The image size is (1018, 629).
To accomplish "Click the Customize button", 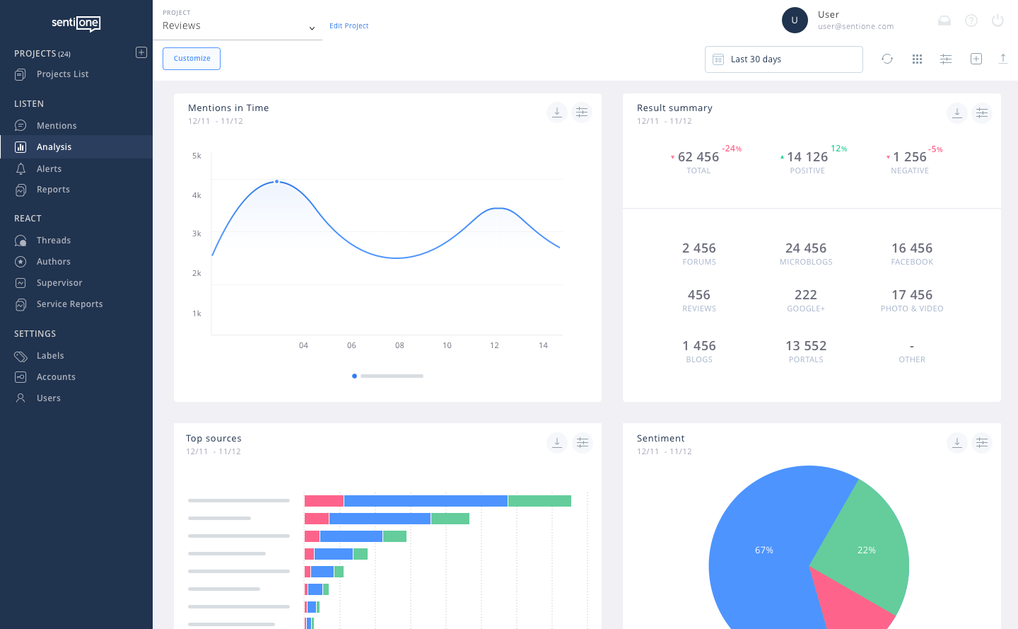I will [192, 59].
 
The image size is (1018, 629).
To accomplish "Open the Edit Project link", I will [349, 26].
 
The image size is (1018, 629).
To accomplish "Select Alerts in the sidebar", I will [49, 169].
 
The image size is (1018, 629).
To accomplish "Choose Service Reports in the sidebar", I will [69, 304].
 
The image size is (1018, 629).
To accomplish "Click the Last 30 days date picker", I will [783, 59].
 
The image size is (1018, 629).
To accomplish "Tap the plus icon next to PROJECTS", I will [141, 52].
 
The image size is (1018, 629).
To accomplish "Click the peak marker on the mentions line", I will [276, 182].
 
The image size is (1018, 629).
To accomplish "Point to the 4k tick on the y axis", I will [197, 195].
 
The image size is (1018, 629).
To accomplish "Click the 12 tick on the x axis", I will [494, 346].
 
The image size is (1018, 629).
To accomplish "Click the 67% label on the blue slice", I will [763, 550].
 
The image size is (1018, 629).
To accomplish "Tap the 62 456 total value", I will [698, 157].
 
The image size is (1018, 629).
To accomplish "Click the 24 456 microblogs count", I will [805, 248].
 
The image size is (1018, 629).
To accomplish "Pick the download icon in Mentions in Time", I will [557, 112].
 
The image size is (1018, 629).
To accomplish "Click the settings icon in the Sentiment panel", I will [982, 443].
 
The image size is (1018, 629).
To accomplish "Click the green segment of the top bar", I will [539, 501].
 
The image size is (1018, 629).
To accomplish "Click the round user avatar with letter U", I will [795, 21].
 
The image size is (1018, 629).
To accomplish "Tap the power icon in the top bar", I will [997, 21].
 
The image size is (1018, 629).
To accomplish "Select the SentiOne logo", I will [76, 23].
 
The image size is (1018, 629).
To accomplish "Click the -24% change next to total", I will [731, 149].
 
